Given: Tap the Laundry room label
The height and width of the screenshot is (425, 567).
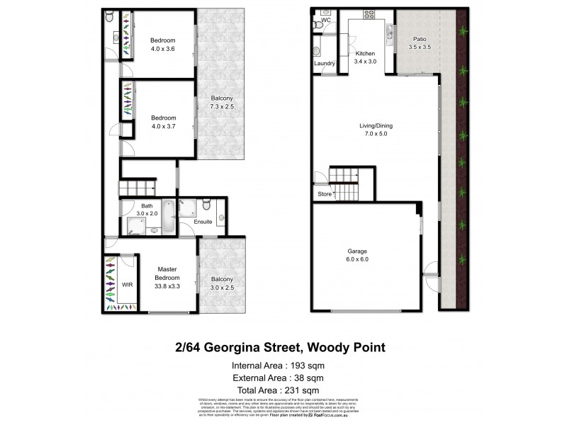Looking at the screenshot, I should [324, 64].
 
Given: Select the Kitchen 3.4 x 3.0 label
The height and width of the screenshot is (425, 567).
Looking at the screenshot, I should [365, 57].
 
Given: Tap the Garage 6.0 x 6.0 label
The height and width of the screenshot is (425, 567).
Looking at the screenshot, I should [358, 255].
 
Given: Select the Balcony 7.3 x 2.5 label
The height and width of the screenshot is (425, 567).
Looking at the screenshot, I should [221, 102].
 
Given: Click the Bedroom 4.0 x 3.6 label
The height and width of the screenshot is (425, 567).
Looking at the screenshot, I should [162, 45].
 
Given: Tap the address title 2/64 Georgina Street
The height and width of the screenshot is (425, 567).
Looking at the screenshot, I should [280, 347].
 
